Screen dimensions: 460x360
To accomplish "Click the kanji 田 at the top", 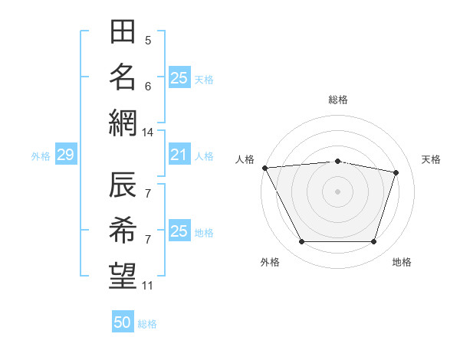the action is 123,31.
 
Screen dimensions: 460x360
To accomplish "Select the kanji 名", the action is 123,77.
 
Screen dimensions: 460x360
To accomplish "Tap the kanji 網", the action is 123,123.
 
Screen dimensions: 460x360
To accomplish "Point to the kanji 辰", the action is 123,185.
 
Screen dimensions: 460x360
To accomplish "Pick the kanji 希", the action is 123,230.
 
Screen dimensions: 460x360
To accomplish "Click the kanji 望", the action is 123,276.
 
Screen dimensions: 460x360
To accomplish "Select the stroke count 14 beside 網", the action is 147,133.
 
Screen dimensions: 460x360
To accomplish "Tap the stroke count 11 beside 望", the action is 147,286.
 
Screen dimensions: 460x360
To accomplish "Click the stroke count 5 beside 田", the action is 148,41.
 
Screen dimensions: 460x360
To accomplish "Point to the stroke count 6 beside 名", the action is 148,87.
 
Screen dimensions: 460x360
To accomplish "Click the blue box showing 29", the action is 66,154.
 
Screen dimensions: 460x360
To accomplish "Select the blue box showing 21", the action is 180,154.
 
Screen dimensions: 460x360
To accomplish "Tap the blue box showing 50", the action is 123,321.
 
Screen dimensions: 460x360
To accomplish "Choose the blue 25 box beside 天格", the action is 180,77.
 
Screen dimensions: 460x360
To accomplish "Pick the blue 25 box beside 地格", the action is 180,230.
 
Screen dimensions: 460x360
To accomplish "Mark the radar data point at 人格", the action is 265,168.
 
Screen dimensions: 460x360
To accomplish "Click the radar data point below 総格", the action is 337,162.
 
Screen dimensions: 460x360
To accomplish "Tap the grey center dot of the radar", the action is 337,191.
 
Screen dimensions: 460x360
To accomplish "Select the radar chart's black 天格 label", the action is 431,159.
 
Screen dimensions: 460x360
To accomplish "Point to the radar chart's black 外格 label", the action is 270,262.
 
